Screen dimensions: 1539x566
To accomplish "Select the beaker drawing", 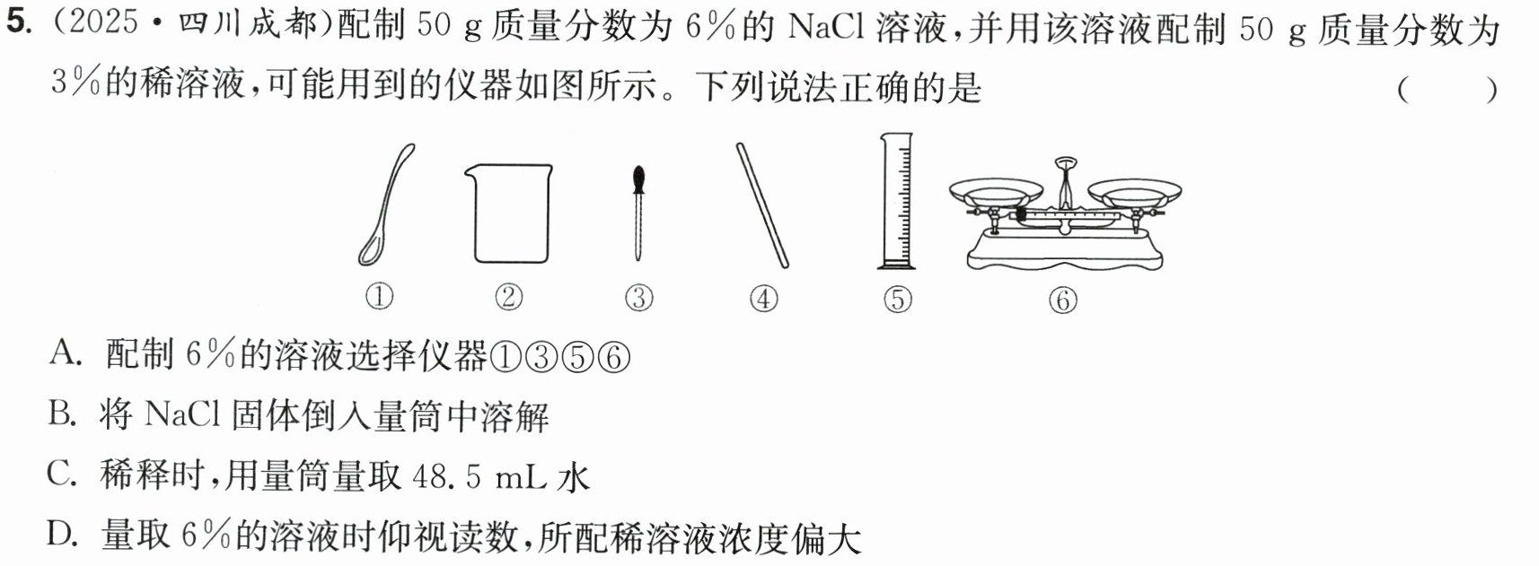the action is point(509,213).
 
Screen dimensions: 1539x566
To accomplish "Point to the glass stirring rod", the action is point(762,205).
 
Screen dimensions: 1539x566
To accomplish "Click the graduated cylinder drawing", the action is point(897,201).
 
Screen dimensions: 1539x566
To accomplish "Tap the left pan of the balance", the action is point(997,191).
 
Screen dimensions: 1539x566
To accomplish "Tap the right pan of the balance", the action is point(1134,191).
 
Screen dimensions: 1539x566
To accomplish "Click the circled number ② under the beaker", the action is point(508,298).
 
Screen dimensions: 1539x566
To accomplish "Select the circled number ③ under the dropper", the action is point(639,299).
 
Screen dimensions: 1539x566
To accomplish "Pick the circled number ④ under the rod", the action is point(763,299).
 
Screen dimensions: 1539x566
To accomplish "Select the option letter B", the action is point(63,414).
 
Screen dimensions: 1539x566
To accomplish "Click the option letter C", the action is point(62,475).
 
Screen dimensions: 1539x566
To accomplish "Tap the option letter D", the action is point(62,534).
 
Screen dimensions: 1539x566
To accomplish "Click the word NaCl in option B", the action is point(183,414).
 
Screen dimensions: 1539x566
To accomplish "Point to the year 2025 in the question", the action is point(104,22).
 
